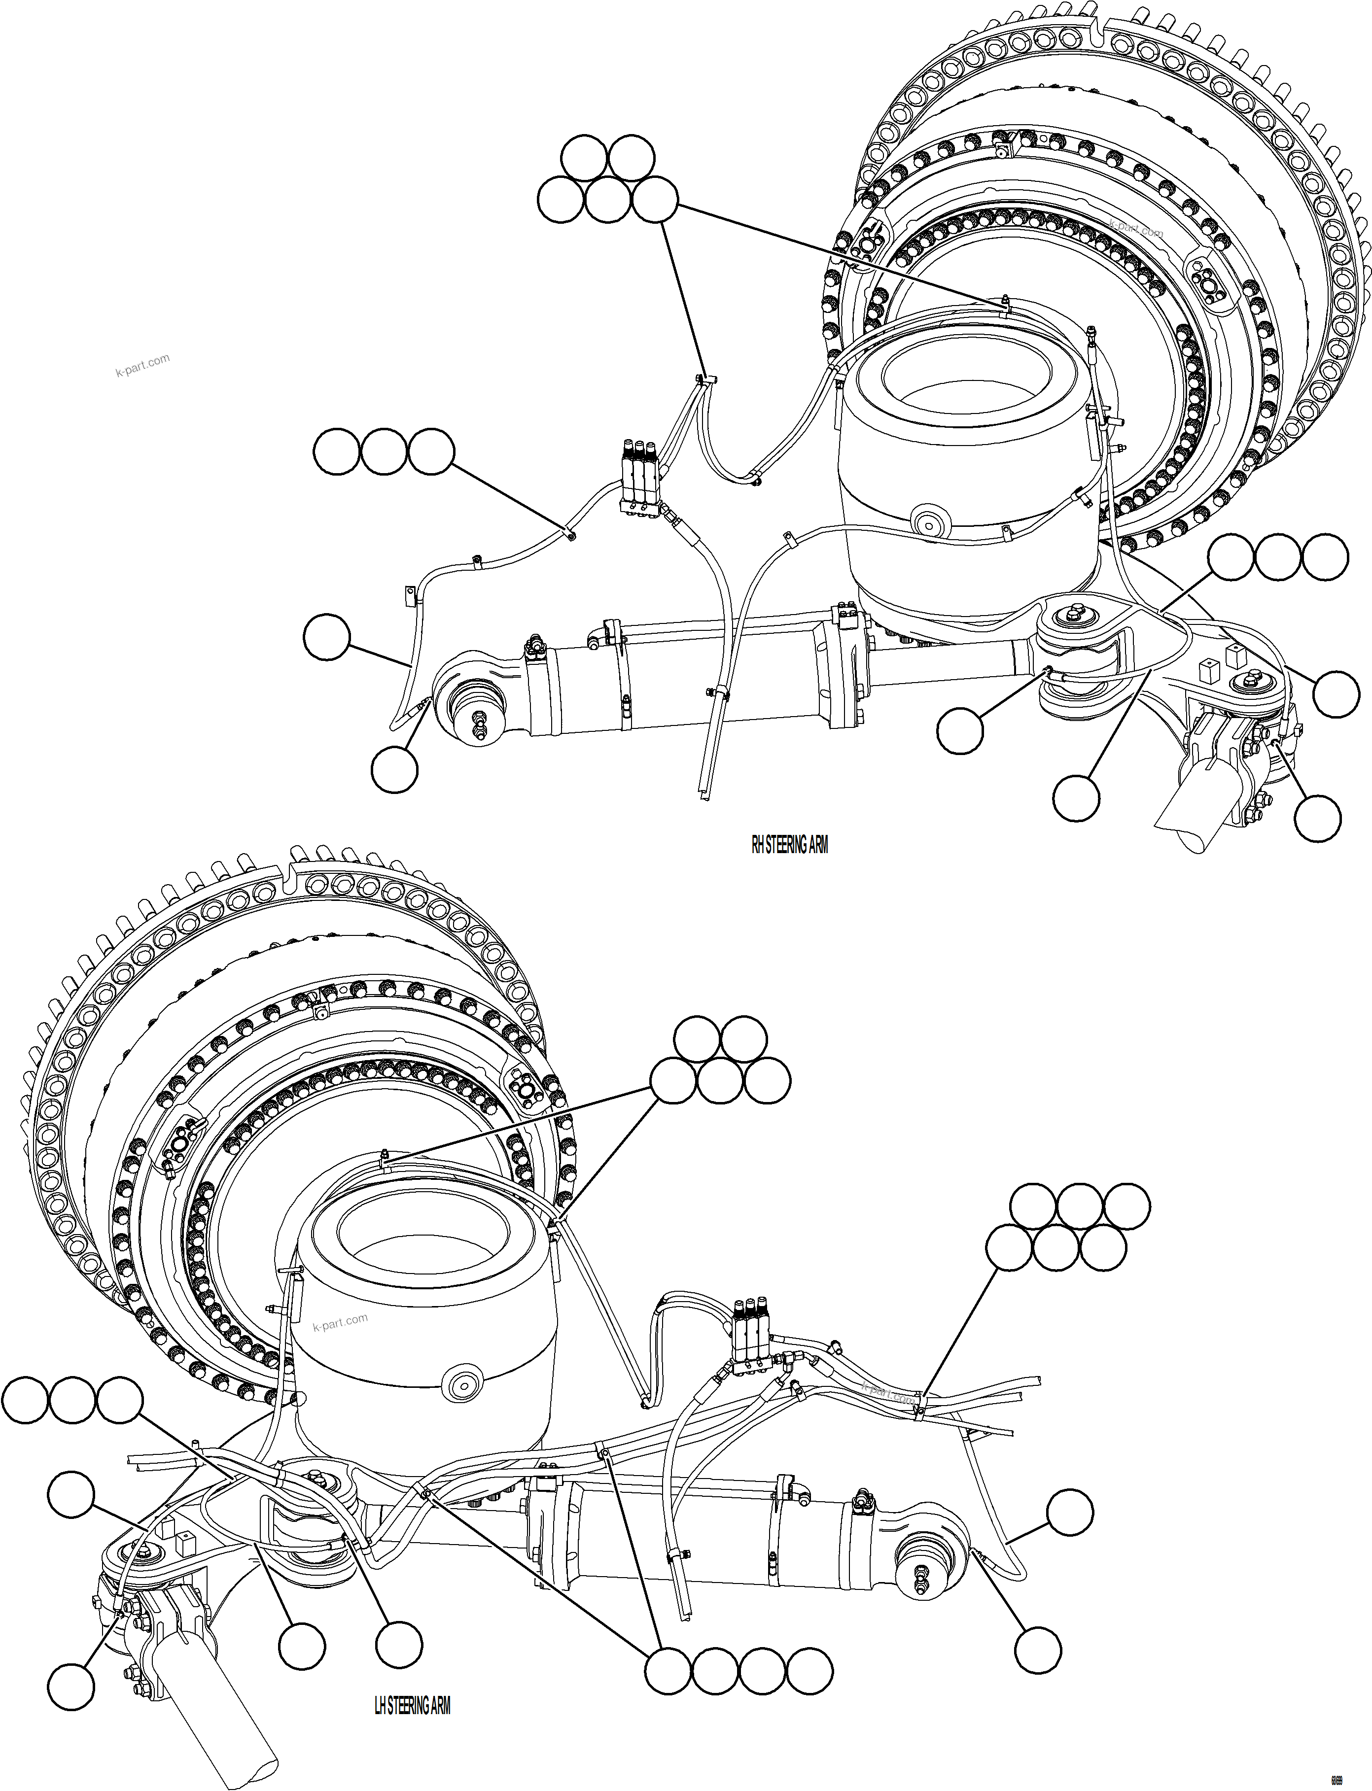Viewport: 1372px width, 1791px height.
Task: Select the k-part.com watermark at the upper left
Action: click(x=142, y=365)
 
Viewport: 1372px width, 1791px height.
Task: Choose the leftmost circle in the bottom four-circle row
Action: click(x=667, y=1670)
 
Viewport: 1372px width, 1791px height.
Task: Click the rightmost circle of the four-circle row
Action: click(x=809, y=1670)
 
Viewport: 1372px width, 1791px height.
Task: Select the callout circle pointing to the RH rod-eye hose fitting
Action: click(x=394, y=769)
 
